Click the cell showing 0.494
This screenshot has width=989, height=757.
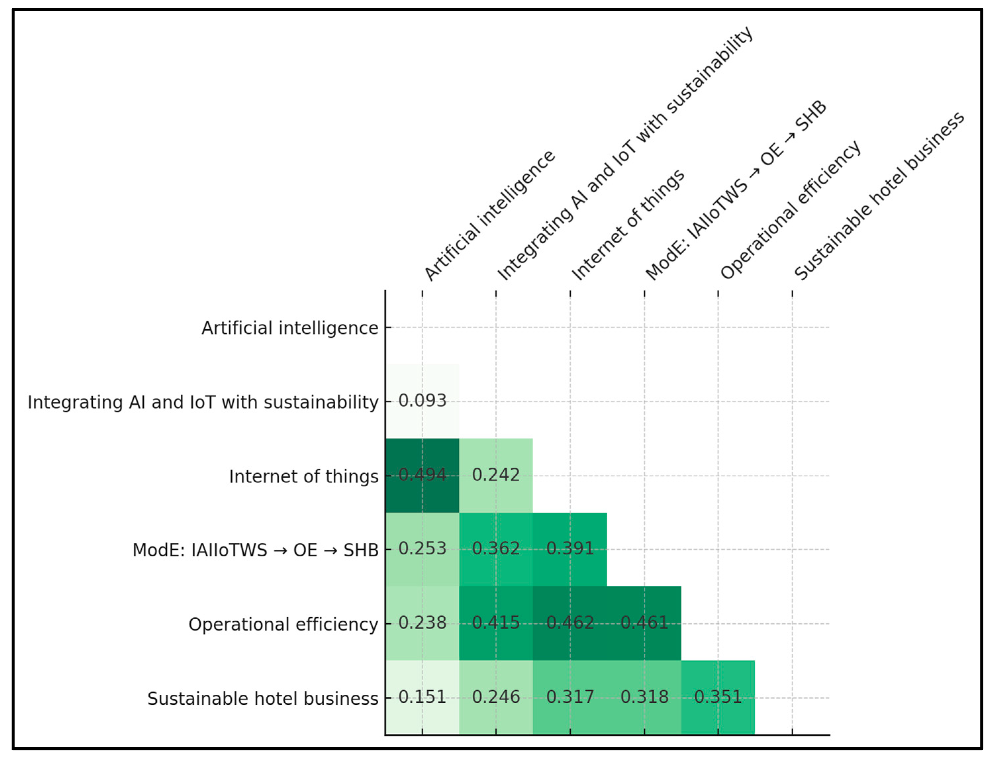pos(422,475)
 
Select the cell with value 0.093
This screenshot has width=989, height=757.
pos(422,401)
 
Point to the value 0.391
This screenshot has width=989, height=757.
pos(570,549)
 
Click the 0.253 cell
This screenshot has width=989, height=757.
pos(422,549)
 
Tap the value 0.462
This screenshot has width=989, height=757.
pos(570,623)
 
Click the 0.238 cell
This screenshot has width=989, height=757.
pos(422,623)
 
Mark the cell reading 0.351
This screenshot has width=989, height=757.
pos(718,697)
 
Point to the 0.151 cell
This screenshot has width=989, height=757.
pos(422,697)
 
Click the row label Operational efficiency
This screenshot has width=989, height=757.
pos(283,625)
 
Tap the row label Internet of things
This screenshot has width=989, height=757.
pos(303,476)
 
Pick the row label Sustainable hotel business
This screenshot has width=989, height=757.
pos(263,698)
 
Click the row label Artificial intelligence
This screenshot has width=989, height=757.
pos(289,328)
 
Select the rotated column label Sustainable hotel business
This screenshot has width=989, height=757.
pos(878,196)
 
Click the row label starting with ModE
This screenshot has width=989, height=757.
pos(255,550)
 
